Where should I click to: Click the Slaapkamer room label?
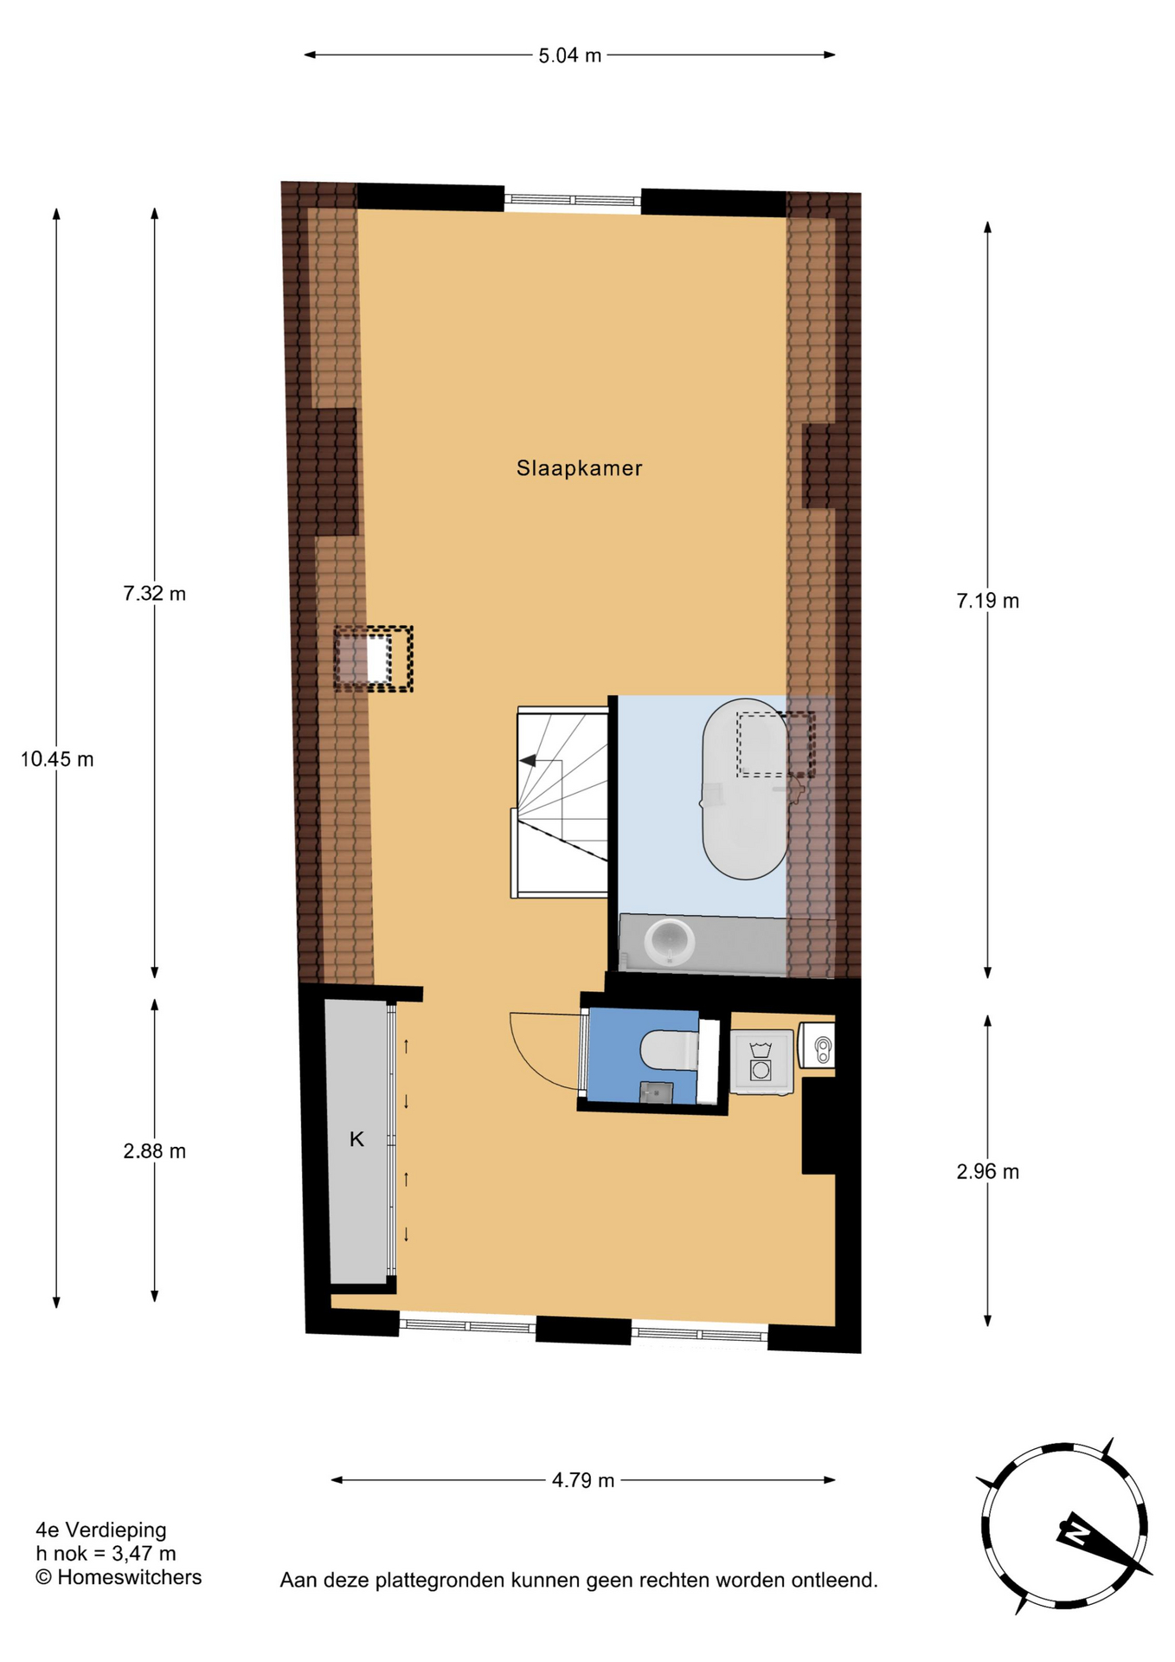coord(579,468)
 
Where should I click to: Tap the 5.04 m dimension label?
coord(569,55)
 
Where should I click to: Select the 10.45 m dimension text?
coord(57,759)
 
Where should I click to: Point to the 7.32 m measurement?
coord(154,594)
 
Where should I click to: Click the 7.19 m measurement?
coord(987,601)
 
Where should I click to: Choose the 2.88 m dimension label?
coord(154,1151)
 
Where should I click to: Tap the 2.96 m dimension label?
coord(987,1172)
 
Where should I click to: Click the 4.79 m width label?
coord(583,1480)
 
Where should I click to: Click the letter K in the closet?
coord(356,1140)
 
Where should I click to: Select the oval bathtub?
coord(745,789)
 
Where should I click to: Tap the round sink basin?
coord(671,942)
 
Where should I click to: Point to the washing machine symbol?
coord(761,1061)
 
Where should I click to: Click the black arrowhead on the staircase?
coord(527,761)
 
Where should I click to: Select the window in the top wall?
coord(573,201)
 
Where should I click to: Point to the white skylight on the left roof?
coord(379,660)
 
